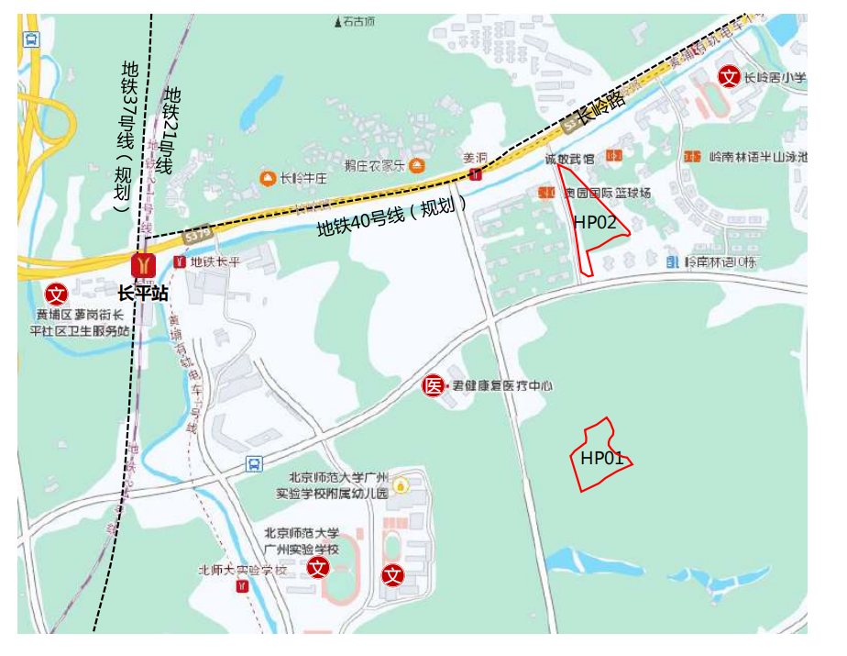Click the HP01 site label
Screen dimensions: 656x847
point(602,457)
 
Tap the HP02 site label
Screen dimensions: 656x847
point(595,222)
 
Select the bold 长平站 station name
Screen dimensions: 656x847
point(142,294)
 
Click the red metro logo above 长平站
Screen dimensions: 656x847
point(144,264)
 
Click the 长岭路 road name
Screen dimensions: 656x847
point(600,108)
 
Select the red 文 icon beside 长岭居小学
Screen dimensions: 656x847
point(729,77)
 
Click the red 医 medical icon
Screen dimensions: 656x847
point(433,386)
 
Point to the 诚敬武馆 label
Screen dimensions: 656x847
point(569,159)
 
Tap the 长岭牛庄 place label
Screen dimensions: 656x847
point(303,178)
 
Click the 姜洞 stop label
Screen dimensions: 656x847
point(474,157)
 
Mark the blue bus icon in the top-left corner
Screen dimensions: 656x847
point(31,39)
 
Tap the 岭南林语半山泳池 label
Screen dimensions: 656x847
point(758,157)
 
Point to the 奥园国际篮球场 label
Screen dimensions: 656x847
point(607,193)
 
